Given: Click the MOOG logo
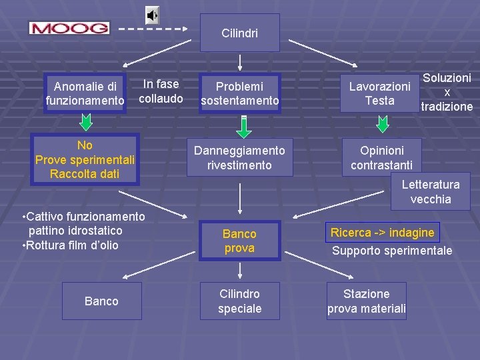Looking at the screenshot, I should (x=69, y=28).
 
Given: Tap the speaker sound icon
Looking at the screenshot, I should (x=153, y=15).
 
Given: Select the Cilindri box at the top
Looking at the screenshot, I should (x=240, y=33).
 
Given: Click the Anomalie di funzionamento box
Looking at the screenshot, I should (x=85, y=93).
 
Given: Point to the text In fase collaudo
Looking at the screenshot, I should (x=161, y=91).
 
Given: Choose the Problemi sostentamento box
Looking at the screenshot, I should (x=239, y=93).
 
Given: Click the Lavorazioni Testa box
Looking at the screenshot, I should (x=380, y=93).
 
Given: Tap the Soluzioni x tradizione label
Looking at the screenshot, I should (x=447, y=92).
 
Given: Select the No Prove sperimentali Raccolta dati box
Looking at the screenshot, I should (x=85, y=160).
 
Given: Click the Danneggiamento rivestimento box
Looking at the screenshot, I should (x=239, y=157).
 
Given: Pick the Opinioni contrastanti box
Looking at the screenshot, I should (x=381, y=157).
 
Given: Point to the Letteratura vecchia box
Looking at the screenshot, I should (x=431, y=192).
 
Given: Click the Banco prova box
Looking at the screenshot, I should (x=239, y=241).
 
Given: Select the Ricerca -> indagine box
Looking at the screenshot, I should (x=383, y=233).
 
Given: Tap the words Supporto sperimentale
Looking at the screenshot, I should (x=392, y=251).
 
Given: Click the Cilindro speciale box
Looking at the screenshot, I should (x=239, y=301).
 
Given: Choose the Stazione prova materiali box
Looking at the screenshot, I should (x=366, y=301).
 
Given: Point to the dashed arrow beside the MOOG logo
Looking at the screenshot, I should (x=153, y=29).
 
